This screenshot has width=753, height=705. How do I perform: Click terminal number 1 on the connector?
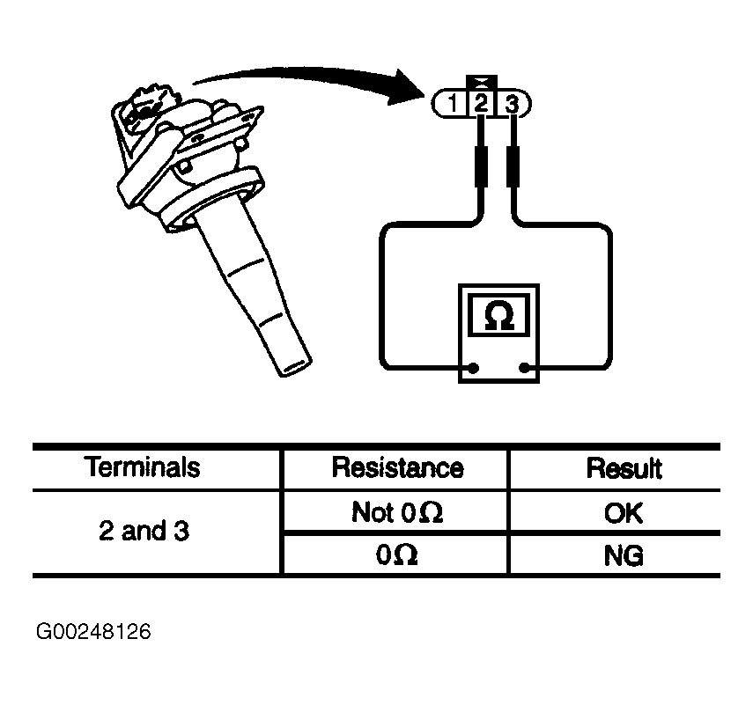tap(453, 104)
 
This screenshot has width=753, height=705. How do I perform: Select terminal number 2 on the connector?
tap(481, 104)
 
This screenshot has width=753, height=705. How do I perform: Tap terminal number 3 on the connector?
tap(513, 104)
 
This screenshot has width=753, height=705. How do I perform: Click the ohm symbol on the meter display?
tap(499, 315)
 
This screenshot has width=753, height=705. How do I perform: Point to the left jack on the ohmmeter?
tap(474, 369)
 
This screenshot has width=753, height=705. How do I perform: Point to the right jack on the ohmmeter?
tap(525, 369)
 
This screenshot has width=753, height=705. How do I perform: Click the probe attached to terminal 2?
tap(481, 166)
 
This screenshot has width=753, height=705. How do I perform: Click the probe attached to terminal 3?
tap(513, 166)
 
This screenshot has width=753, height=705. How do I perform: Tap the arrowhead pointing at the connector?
tap(406, 89)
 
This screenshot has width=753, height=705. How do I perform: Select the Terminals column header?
tap(143, 467)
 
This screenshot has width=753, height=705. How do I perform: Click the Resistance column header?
tap(397, 467)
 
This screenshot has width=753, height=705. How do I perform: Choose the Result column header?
tap(624, 468)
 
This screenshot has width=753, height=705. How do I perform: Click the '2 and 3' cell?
tap(144, 531)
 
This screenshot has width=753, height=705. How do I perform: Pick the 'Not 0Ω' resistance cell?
tap(397, 512)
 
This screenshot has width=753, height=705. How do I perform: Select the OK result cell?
tap(624, 513)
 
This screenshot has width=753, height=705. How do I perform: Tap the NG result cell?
tap(624, 555)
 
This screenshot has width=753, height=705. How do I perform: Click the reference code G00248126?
tap(93, 632)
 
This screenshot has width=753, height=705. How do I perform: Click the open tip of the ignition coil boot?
tap(293, 367)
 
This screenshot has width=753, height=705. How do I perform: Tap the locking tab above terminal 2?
tap(481, 83)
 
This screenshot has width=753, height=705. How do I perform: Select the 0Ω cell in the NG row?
tap(396, 555)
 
